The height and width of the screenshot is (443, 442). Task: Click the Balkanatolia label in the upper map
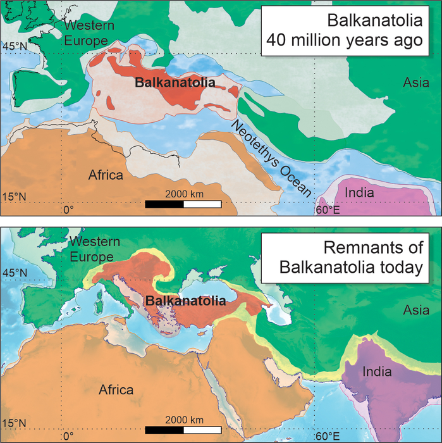pyautogui.click(x=174, y=82)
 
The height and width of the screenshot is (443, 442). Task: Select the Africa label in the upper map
pyautogui.click(x=106, y=175)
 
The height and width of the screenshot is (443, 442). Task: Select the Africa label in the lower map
pyautogui.click(x=116, y=390)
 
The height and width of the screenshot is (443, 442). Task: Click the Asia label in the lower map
pyautogui.click(x=415, y=310)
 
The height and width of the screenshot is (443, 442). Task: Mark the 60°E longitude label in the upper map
pyautogui.click(x=328, y=210)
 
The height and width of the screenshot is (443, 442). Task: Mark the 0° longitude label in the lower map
pyautogui.click(x=68, y=435)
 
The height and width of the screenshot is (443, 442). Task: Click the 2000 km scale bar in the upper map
pyautogui.click(x=183, y=204)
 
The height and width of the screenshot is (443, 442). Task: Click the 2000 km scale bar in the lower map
pyautogui.click(x=183, y=431)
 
